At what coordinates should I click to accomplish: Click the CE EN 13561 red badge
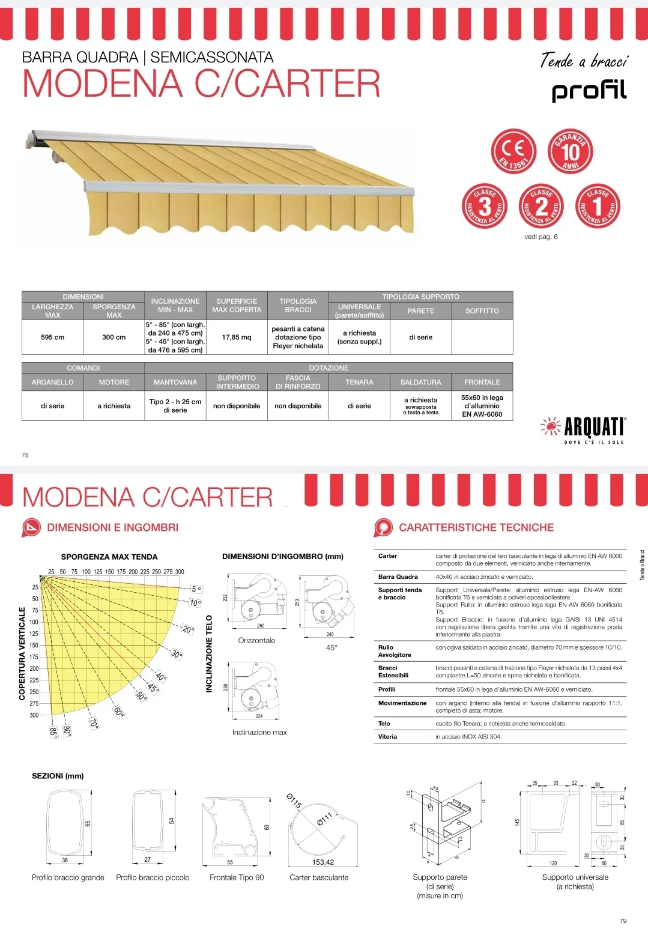(x=513, y=151)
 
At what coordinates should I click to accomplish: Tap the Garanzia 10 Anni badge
(x=571, y=151)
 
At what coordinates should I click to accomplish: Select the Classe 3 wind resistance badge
(x=484, y=206)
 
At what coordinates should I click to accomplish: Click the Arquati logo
(x=583, y=428)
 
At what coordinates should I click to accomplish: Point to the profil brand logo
(x=589, y=91)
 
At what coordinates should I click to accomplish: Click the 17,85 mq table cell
(x=237, y=337)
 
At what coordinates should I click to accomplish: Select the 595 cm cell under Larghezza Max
(x=53, y=337)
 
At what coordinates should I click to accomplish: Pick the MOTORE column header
(x=114, y=383)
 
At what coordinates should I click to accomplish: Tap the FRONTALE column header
(x=482, y=383)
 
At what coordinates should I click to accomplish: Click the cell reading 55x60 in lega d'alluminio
(x=482, y=406)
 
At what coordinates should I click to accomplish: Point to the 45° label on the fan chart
(x=154, y=688)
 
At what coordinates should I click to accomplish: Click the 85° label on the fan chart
(x=53, y=732)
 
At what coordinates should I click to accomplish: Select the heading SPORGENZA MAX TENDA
(x=109, y=557)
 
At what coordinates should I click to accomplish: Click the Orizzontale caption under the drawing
(x=256, y=641)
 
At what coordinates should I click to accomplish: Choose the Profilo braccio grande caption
(x=68, y=877)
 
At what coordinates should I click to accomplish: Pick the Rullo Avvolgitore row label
(x=395, y=651)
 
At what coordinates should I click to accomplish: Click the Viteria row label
(x=387, y=737)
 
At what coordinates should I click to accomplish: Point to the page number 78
(x=25, y=455)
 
